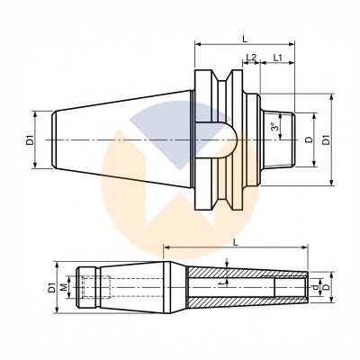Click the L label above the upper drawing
[246, 38]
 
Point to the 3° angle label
[274, 128]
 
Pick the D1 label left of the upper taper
[30, 139]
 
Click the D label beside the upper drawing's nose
[310, 139]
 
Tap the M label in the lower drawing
[63, 288]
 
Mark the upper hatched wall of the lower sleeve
[243, 272]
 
